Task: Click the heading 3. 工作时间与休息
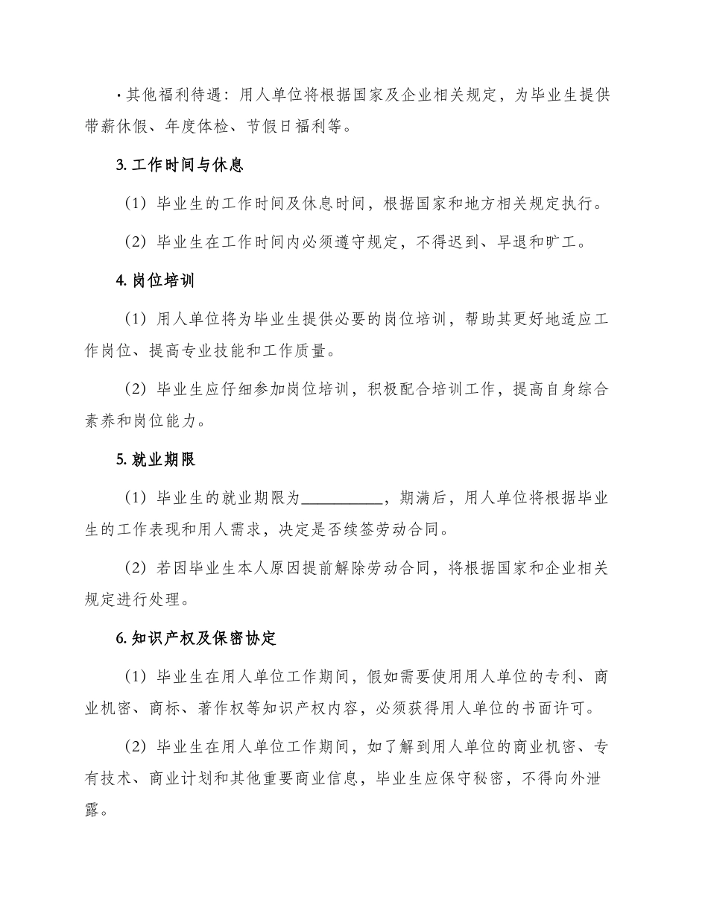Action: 180,165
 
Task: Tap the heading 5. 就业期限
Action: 156,459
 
